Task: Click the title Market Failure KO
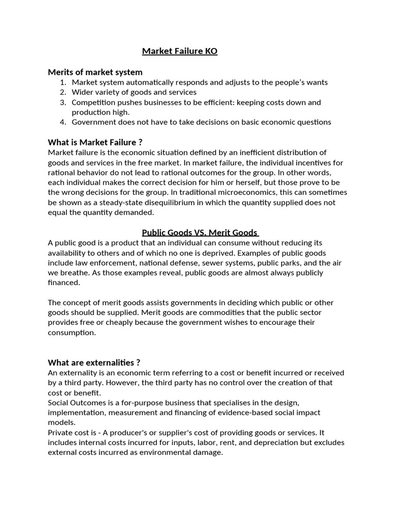click(179, 52)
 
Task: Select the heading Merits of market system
click(95, 72)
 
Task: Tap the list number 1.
click(62, 82)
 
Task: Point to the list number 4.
click(62, 122)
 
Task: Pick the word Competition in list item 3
click(94, 102)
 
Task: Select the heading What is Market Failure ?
click(95, 142)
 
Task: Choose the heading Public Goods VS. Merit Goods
click(200, 233)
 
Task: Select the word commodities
click(184, 312)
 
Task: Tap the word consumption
click(72, 333)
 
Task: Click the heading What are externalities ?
click(94, 362)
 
